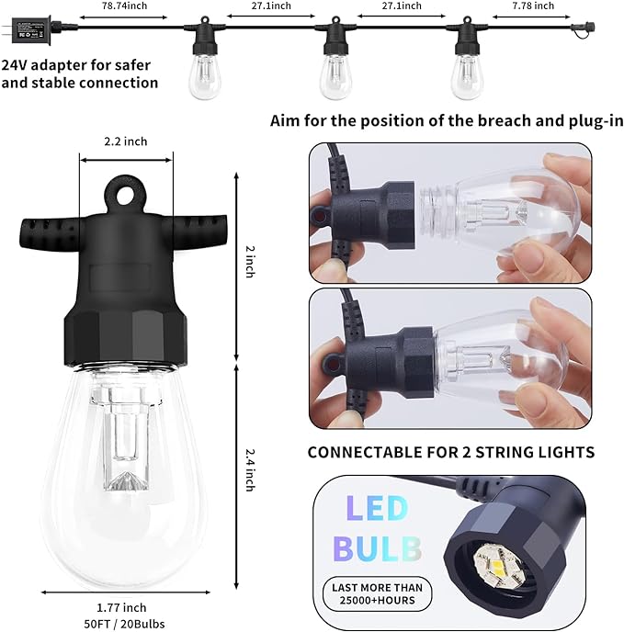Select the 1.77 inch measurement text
coord(121,606)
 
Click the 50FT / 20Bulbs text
coord(121,622)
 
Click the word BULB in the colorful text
coord(378,548)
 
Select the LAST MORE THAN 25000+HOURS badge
coord(378,593)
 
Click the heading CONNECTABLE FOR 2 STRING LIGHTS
coord(450,452)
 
